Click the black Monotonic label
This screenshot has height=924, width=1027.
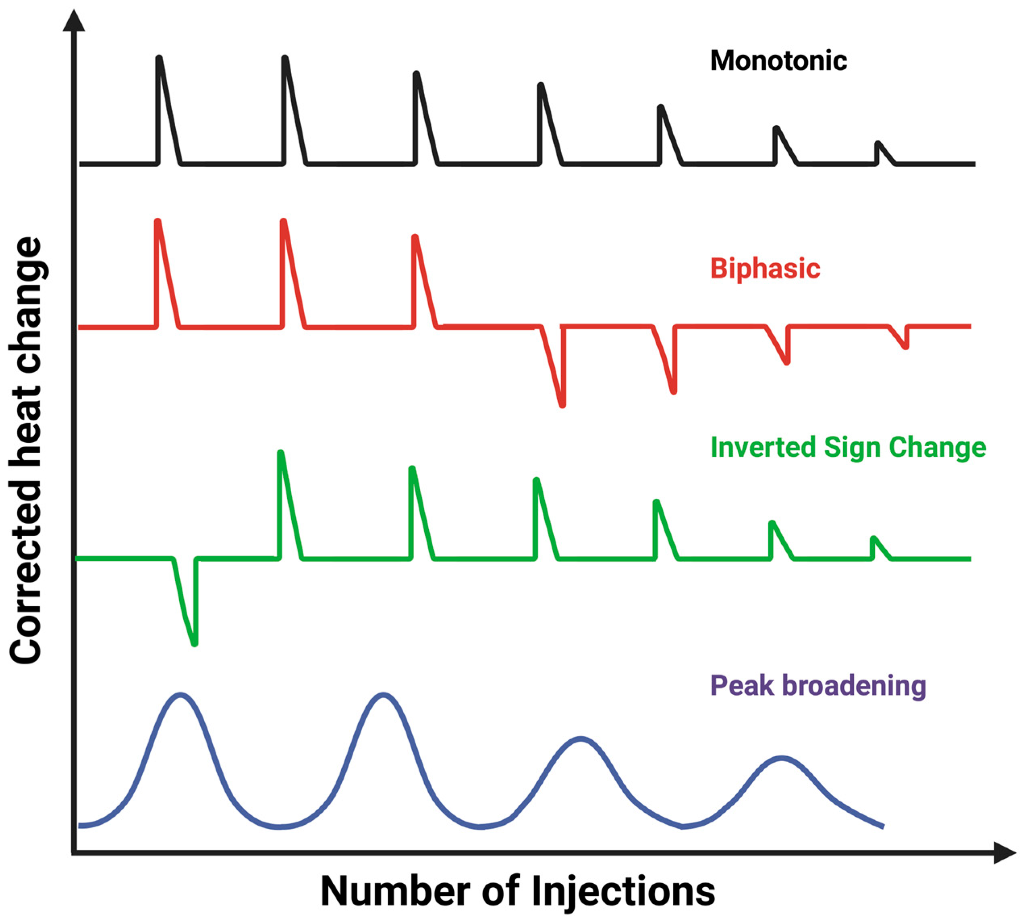pos(778,61)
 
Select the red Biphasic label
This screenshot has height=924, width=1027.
pos(765,268)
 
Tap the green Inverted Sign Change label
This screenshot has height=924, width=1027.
pos(848,447)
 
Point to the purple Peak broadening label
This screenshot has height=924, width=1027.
pos(818,685)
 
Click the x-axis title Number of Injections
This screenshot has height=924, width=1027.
pos(518,891)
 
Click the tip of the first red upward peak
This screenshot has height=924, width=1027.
pos(158,221)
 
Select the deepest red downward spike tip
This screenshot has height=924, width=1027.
pos(562,405)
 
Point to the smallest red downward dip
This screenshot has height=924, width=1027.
pos(906,347)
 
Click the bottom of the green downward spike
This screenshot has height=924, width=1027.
pos(195,644)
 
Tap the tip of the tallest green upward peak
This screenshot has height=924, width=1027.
pos(280,453)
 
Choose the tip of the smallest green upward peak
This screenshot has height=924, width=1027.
pos(873,538)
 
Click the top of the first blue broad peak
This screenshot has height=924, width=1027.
pos(180,695)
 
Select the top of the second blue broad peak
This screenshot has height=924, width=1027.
pos(383,695)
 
